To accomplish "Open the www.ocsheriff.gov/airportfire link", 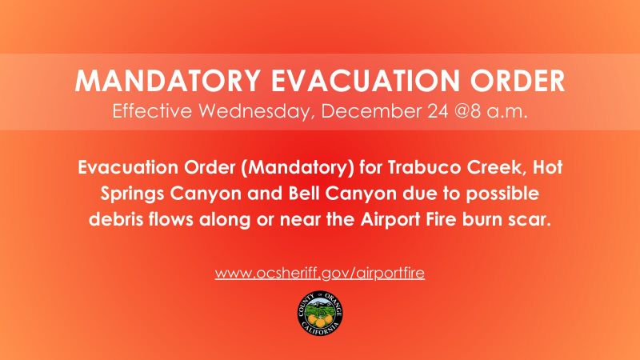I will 319,273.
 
